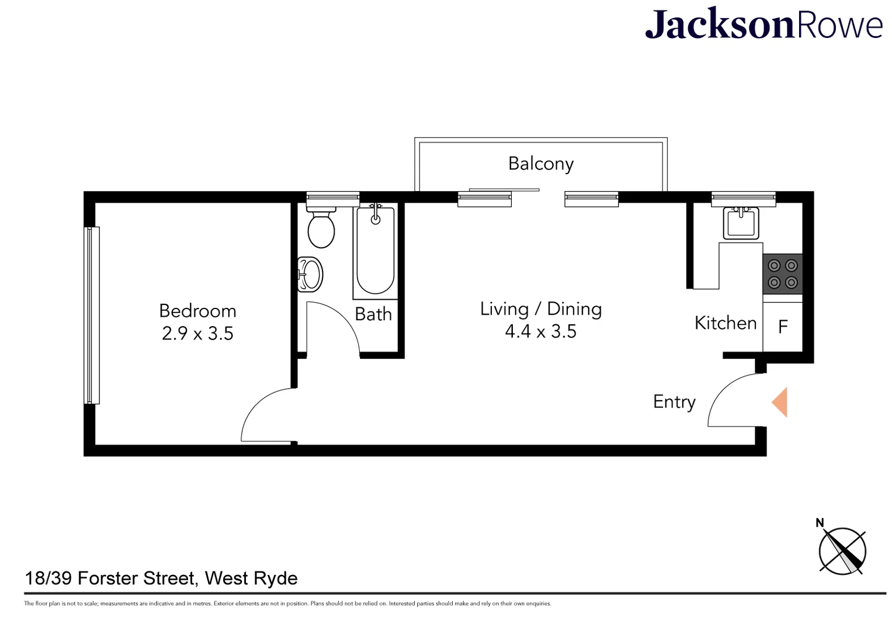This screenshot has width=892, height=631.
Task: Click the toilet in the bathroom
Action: pyautogui.click(x=321, y=227)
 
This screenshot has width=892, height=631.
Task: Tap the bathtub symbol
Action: pyautogui.click(x=375, y=251)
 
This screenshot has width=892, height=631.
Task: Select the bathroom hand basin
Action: pyautogui.click(x=310, y=274)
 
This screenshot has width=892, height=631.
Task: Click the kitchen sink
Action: pyautogui.click(x=741, y=223)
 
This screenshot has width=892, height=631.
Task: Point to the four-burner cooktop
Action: pyautogui.click(x=782, y=274)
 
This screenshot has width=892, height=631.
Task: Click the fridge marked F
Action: pyautogui.click(x=783, y=327)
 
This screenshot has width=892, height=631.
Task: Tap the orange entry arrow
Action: pyautogui.click(x=780, y=402)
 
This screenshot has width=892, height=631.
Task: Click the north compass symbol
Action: pyautogui.click(x=842, y=550)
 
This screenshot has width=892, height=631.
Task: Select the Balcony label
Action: pyautogui.click(x=541, y=164)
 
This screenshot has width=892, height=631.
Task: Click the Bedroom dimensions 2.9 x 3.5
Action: pyautogui.click(x=197, y=334)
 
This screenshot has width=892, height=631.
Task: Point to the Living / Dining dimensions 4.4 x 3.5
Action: pyautogui.click(x=540, y=331)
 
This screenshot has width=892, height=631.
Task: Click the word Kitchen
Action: pyautogui.click(x=725, y=323)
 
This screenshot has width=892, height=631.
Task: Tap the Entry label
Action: pyautogui.click(x=674, y=402)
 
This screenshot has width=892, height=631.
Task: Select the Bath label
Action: pyautogui.click(x=373, y=314)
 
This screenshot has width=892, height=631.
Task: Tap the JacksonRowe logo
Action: pyautogui.click(x=763, y=25)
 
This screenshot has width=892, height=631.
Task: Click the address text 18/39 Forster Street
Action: pyautogui.click(x=161, y=578)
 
